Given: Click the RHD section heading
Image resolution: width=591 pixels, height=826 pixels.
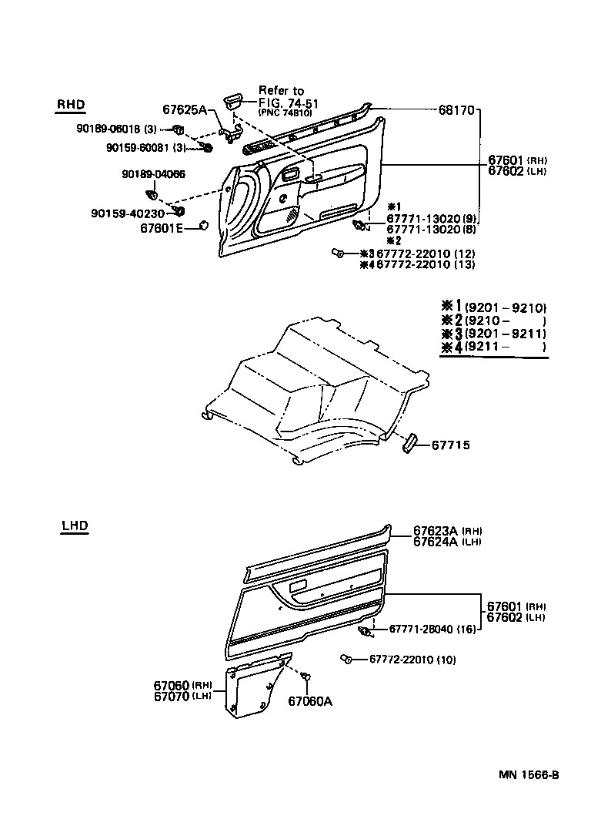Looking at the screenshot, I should click(70, 106).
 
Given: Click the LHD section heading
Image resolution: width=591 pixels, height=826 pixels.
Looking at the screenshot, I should click(75, 526).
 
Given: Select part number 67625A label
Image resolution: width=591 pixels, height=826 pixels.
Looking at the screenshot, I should click(185, 110).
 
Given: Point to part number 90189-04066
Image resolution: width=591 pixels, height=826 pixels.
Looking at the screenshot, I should click(153, 175).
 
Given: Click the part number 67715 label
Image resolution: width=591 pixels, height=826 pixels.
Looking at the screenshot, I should click(450, 445).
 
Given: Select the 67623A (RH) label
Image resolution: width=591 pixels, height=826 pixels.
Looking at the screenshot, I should click(447, 531).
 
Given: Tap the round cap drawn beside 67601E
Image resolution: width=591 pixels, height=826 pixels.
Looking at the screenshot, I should click(204, 225).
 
